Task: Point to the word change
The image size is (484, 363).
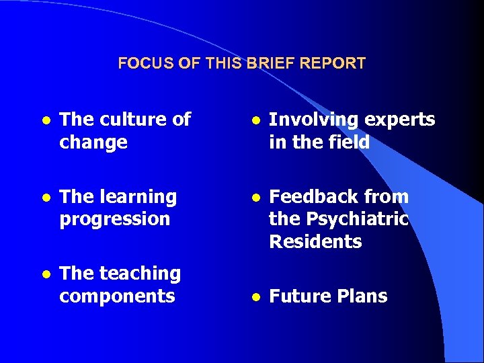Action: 93,143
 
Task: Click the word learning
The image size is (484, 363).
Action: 138,197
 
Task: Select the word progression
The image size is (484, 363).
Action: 115,219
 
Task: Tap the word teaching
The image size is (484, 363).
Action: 140,274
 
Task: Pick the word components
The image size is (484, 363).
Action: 117,296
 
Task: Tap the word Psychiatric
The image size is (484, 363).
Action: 357,219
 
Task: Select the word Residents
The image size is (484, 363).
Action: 315,241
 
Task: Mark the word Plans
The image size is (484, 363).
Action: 364,296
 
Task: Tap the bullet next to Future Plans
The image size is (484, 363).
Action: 254,297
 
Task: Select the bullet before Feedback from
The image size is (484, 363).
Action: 254,198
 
